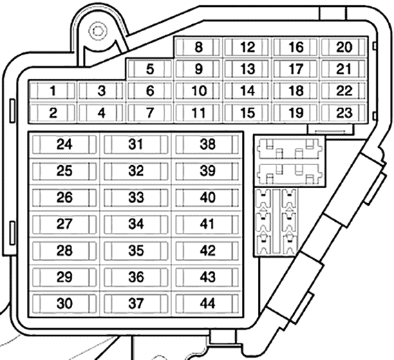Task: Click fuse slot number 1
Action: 53,91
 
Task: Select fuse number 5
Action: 150,69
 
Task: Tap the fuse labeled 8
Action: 198,47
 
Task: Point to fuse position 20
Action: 344,47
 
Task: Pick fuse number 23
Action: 344,113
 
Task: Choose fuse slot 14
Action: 247,91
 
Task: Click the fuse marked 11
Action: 198,113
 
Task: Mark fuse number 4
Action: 101,113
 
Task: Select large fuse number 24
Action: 64,144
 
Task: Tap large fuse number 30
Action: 64,303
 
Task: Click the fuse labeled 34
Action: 136,224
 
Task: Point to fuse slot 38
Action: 207,144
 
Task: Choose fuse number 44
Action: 207,303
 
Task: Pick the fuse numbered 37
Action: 136,303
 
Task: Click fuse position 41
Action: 207,224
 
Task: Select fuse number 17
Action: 296,69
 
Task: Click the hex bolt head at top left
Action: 98,31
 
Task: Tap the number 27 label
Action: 64,224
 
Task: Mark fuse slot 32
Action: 136,171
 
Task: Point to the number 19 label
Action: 296,113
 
